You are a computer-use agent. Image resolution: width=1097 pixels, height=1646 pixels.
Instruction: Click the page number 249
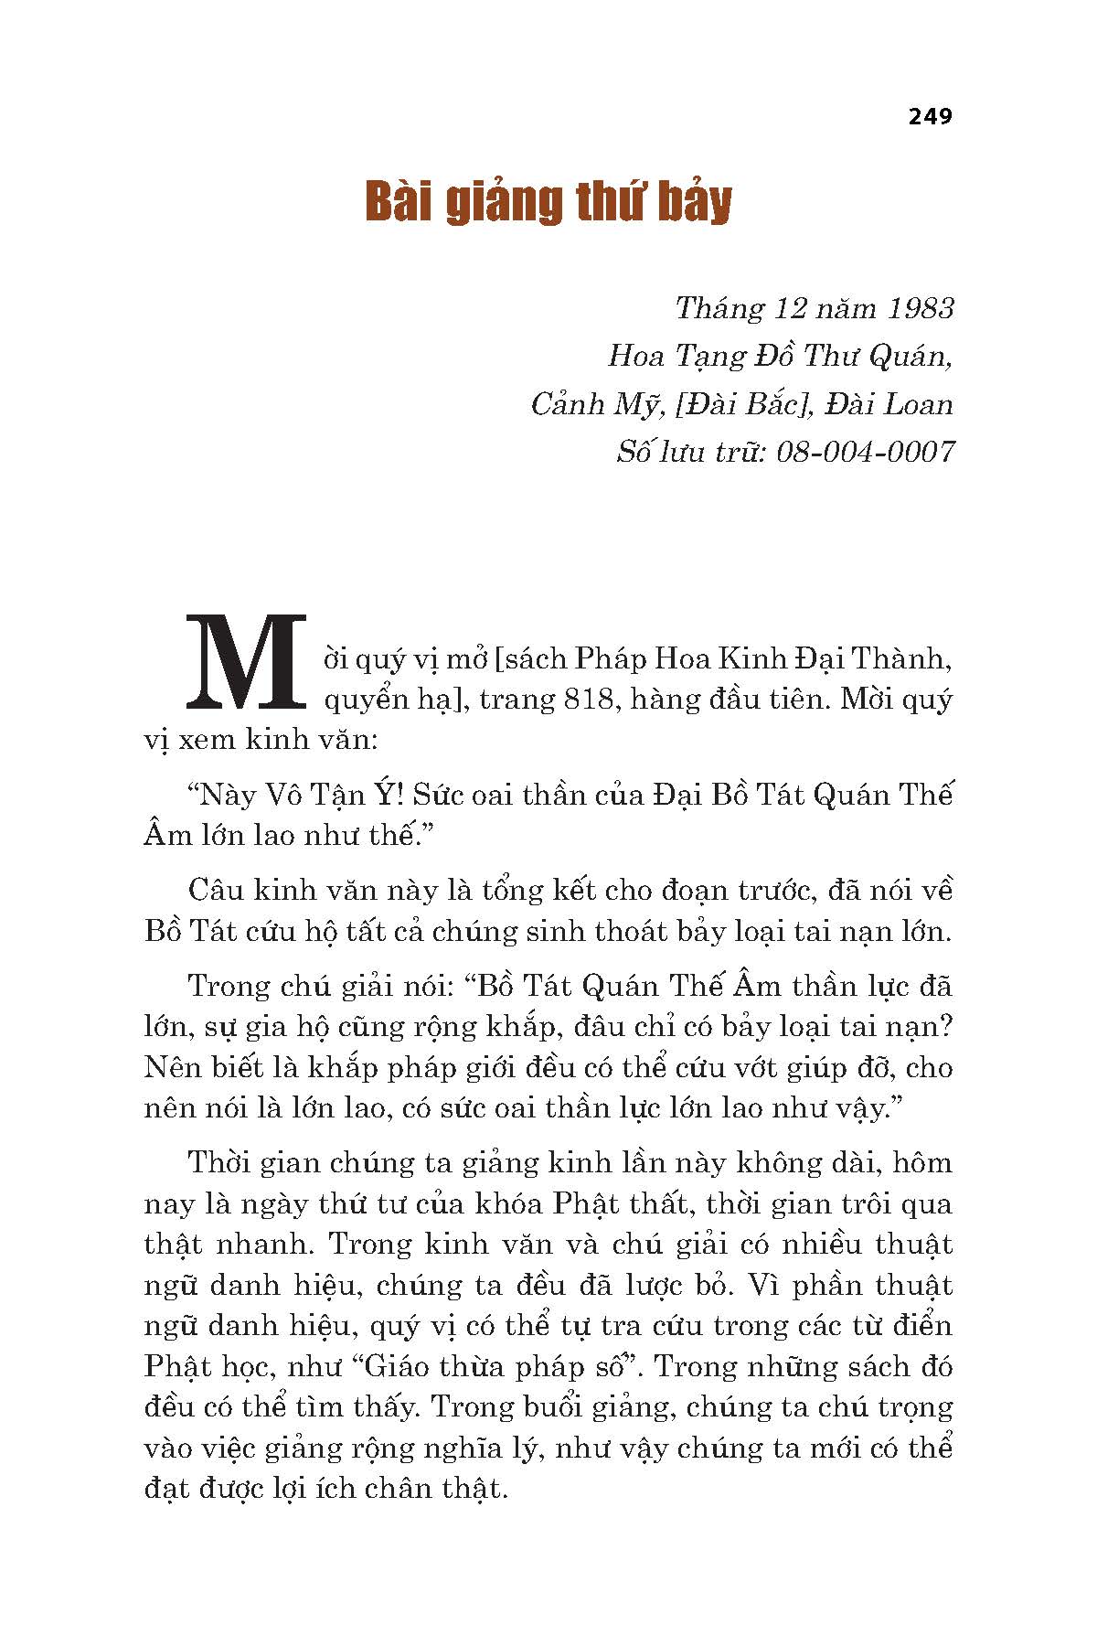pos(930,116)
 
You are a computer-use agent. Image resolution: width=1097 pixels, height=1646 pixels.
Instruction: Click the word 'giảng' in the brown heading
pos(502,203)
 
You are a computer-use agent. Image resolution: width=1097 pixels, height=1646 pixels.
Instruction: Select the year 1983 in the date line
pos(919,308)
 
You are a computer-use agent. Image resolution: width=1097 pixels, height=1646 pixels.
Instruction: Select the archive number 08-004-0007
pos(865,452)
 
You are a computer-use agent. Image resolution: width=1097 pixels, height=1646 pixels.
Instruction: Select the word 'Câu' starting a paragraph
pos(213,891)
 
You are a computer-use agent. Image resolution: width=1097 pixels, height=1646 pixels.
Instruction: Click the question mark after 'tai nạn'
pos(946,1027)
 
